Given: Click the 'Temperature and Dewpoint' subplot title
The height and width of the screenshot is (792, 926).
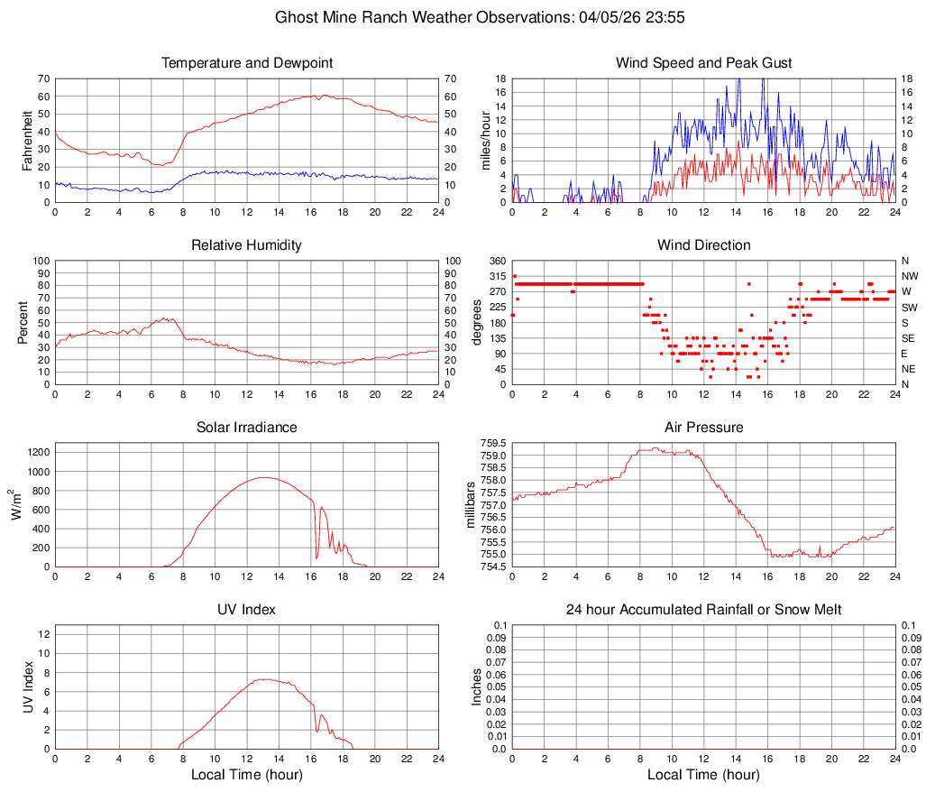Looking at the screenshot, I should click(247, 63).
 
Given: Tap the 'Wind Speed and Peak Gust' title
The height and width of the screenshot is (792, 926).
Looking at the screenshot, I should click(703, 63).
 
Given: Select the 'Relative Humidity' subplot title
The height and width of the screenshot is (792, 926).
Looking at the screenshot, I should click(247, 245).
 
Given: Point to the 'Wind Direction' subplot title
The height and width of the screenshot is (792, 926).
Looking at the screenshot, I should click(703, 245).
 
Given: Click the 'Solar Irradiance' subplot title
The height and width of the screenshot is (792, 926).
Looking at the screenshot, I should click(247, 428).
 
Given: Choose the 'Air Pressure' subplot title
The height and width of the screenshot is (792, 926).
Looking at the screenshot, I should click(703, 428).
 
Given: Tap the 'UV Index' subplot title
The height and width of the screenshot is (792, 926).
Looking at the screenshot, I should click(247, 610).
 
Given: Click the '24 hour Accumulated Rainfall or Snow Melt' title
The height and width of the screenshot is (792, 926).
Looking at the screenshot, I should click(703, 610).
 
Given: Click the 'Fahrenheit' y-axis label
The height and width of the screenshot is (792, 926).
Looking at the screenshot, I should click(28, 141).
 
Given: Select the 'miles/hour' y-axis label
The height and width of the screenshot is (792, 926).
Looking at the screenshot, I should click(485, 141).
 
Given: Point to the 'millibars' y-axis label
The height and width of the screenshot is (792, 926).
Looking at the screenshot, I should click(470, 505).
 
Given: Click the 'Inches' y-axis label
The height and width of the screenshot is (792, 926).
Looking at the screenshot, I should click(477, 687).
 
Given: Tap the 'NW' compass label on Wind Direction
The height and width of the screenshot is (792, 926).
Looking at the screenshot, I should click(910, 276).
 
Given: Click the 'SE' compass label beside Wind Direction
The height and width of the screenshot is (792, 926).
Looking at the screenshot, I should click(909, 338).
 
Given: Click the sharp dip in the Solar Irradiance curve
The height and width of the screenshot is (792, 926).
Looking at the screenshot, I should click(316, 557).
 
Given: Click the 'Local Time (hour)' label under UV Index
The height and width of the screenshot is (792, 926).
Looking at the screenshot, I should click(247, 775).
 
